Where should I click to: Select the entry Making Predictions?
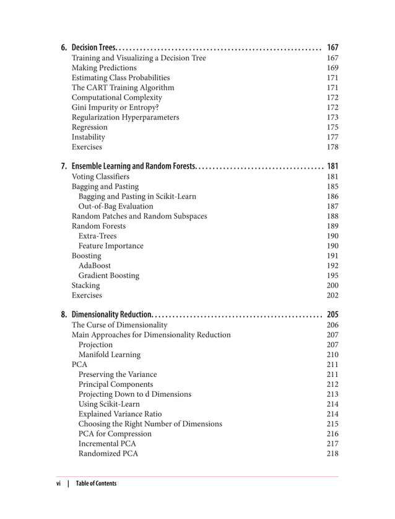[104, 68]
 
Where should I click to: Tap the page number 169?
[332, 68]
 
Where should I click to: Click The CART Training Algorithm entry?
[123, 87]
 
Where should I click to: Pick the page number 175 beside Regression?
[332, 127]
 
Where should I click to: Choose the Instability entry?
[89, 137]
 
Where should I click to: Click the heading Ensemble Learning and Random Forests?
[134, 166]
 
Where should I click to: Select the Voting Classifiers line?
[100, 176]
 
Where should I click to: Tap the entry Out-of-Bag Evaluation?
[115, 206]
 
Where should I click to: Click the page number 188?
[332, 216]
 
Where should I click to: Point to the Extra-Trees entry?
[97, 236]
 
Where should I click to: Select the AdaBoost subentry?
[95, 265]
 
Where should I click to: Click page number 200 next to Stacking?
[332, 285]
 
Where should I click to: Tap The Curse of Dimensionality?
[119, 324]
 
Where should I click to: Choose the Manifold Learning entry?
[109, 355]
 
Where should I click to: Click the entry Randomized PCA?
[108, 453]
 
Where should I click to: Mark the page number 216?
[332, 433]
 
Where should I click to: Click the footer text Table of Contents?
[96, 483]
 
